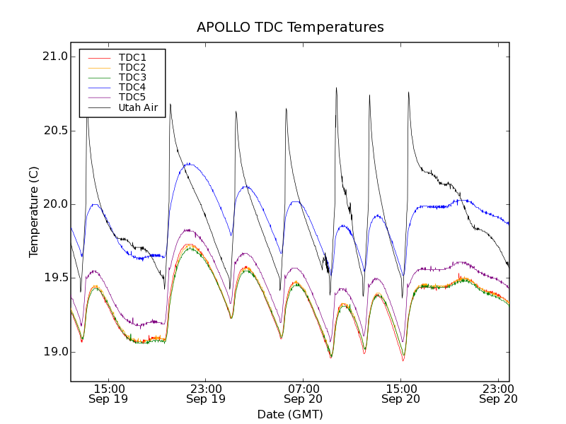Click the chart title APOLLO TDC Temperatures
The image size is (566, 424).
290,28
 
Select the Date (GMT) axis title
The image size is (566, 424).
290,414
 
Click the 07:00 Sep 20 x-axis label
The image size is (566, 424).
304,394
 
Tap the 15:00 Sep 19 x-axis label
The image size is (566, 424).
108,394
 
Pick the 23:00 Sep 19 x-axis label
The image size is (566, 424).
206,394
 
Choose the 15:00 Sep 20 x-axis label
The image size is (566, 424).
401,394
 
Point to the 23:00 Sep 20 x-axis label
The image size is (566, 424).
499,394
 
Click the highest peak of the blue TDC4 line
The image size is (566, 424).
190,164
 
